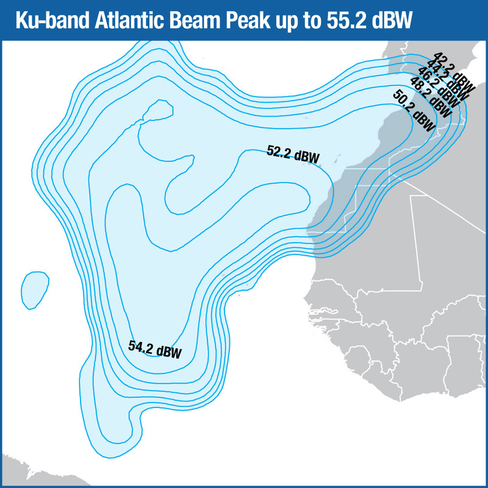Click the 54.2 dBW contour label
point(155,349)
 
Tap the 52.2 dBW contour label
point(293,154)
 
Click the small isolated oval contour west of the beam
point(35,289)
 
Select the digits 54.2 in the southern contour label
point(142,347)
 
